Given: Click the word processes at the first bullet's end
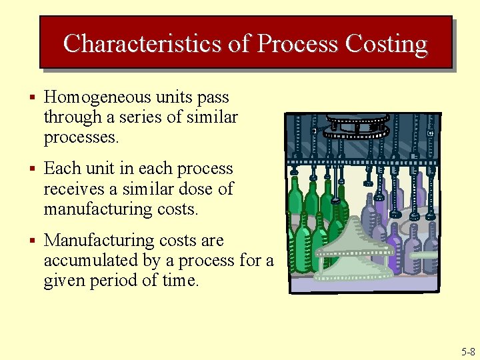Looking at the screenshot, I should click(81, 138).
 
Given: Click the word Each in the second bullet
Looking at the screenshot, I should click(61, 169).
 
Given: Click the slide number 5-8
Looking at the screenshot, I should click(467, 351).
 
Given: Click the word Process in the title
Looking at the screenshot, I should click(298, 43).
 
